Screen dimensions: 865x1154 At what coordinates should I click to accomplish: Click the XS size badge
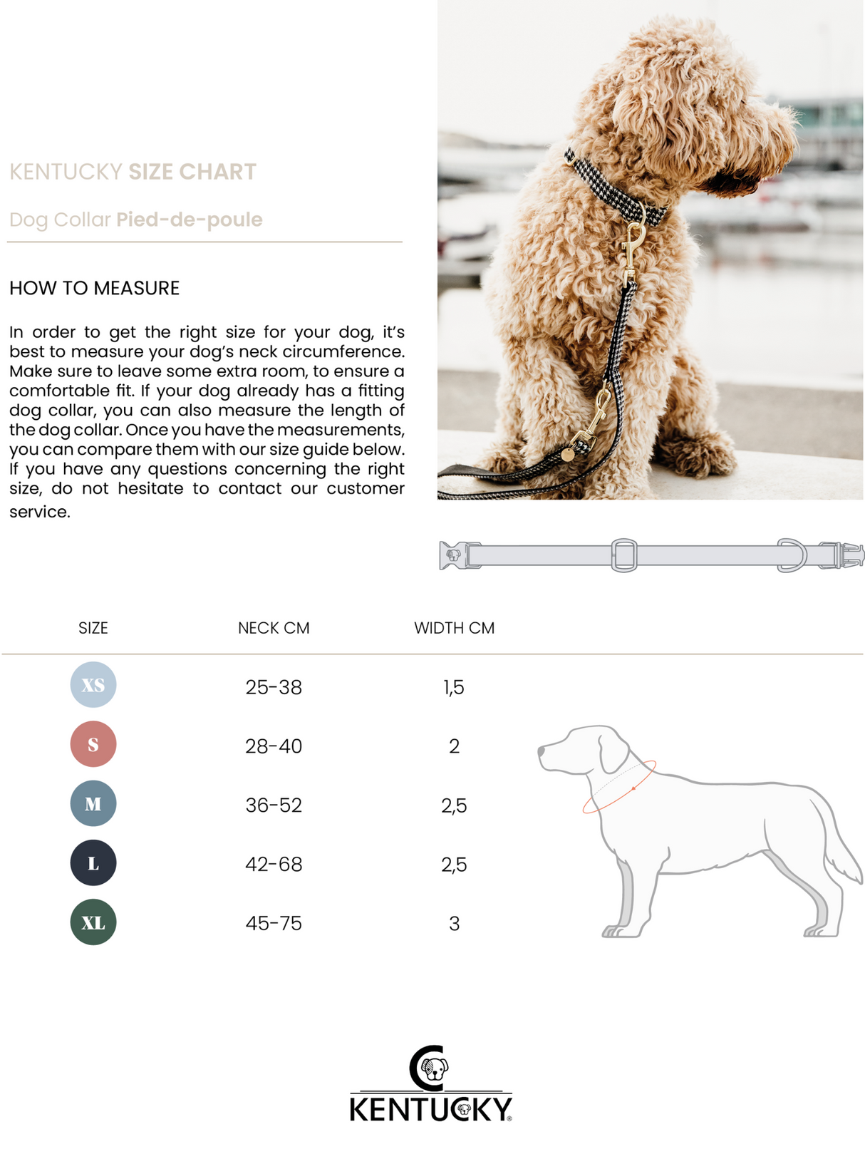coord(93,684)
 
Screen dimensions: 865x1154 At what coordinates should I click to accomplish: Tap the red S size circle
coord(93,744)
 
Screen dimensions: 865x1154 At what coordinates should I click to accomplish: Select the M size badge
coord(93,803)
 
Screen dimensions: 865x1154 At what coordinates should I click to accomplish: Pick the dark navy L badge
coord(93,862)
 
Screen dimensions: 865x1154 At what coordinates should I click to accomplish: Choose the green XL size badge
coord(93,922)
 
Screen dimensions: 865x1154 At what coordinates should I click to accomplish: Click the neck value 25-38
coord(274,687)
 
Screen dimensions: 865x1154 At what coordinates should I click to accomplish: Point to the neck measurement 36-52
coord(274,805)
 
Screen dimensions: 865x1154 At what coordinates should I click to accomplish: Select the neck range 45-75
coord(274,923)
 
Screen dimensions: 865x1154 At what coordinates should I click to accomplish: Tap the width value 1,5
coord(454,688)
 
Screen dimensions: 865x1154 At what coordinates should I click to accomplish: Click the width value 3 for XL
coord(455,924)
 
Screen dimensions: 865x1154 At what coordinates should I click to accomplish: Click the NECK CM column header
coord(274,628)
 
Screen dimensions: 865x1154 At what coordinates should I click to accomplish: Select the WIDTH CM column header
coord(455,628)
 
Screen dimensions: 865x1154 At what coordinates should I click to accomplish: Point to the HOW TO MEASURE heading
coord(95,288)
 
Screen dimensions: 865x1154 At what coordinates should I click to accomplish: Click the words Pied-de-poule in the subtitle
coord(190,220)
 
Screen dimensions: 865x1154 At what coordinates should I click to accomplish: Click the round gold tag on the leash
coord(568,454)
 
